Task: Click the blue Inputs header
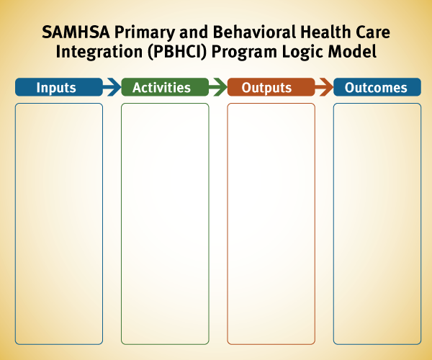pos(59,87)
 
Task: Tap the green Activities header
pos(165,87)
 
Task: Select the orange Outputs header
pos(271,87)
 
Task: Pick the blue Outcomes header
pos(377,87)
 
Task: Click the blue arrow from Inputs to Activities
pos(112,87)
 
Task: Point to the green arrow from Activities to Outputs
pos(218,87)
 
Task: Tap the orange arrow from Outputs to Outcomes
pos(324,87)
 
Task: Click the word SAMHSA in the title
pos(76,32)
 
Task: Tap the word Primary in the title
pos(145,33)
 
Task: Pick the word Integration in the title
pos(99,53)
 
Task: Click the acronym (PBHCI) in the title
pos(177,53)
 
